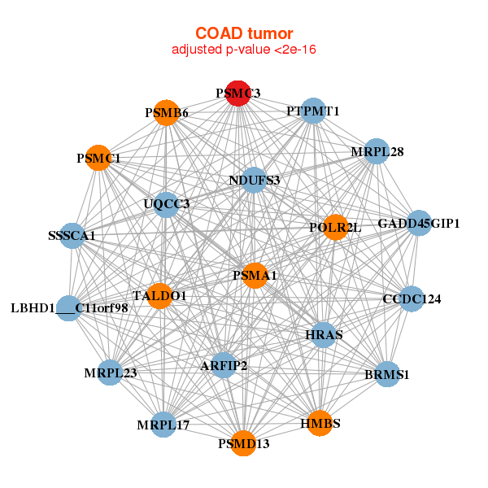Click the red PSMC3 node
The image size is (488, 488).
[237, 94]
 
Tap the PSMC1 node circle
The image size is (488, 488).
[99, 158]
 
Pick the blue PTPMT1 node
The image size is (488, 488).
[313, 111]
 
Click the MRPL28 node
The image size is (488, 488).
[376, 151]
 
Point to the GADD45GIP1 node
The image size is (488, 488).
[418, 223]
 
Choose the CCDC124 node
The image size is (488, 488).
[412, 299]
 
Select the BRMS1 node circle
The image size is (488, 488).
[387, 375]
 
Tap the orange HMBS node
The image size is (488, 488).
[320, 423]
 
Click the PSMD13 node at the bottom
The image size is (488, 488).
[243, 443]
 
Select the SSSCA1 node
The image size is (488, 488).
[72, 236]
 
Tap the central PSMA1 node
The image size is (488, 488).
[255, 276]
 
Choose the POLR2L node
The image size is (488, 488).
[334, 227]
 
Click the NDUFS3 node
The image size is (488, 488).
[254, 180]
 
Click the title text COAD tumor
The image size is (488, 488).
[243, 33]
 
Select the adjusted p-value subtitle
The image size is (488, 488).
[243, 50]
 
